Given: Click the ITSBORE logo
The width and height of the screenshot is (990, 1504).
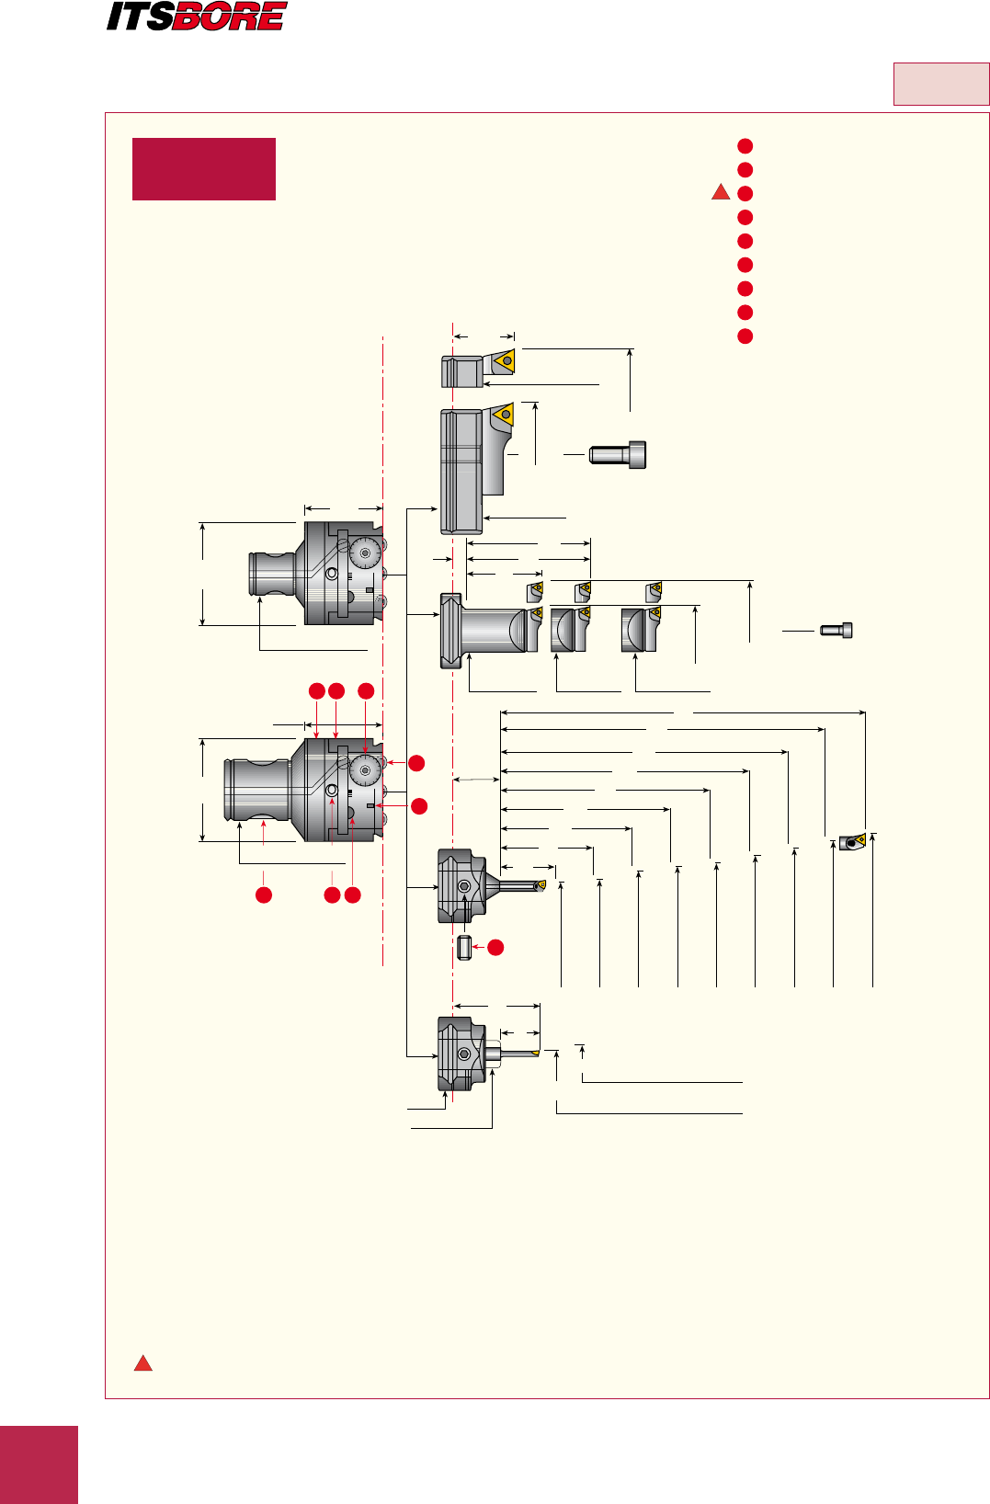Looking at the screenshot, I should coord(197,17).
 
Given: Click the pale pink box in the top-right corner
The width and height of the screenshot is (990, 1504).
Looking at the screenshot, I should coord(940,85).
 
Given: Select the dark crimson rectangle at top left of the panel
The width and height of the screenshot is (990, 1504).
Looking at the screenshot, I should coord(204,169).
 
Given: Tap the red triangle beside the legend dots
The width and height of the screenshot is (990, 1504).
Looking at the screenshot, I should coord(722,193).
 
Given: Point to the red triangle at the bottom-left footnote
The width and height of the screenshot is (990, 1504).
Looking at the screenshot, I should coord(143,1363).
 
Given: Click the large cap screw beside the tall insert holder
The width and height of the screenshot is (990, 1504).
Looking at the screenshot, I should coord(618,454).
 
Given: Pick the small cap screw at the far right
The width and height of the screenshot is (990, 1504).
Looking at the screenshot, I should coord(836,631).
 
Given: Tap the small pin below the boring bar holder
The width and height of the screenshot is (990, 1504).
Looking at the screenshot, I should coord(464,947).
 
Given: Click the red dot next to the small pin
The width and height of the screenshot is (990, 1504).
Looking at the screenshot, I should coord(495,947).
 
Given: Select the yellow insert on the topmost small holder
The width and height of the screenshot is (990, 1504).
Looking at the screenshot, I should coord(505,361).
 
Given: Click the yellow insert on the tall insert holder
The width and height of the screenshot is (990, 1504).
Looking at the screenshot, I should coord(503,416).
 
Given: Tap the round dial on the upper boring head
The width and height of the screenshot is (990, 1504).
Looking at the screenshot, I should coord(366,553).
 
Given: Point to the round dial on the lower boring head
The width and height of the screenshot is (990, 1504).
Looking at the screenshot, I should coord(366,770).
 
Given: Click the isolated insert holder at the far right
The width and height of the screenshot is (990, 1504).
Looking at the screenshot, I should coord(852,841).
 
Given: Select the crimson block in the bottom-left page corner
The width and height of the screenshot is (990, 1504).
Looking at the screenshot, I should coord(39,1464).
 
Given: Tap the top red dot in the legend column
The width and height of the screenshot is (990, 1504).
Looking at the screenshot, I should coord(745,146).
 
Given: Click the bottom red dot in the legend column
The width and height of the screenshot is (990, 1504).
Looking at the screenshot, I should coord(745,336).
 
